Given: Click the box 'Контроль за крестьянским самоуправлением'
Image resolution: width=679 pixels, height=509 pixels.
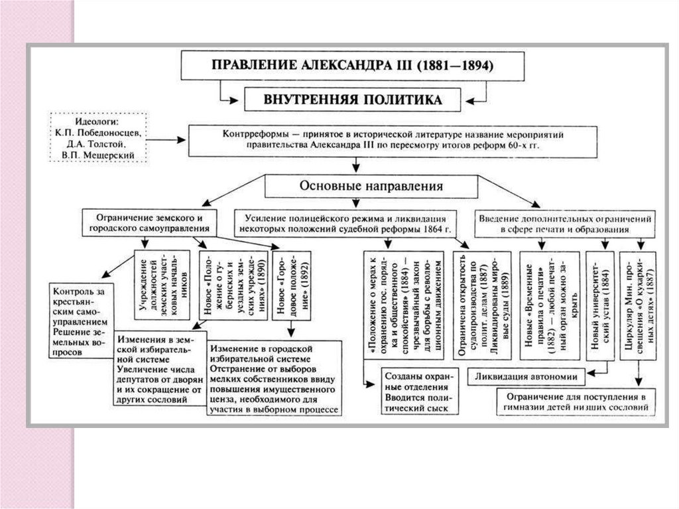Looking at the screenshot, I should coord(81,320).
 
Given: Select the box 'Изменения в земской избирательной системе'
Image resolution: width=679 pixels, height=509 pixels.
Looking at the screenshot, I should coord(160,368).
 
